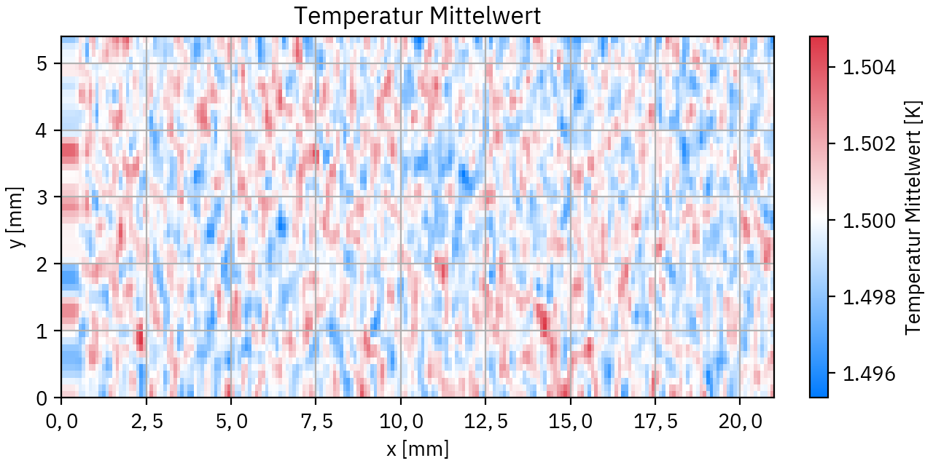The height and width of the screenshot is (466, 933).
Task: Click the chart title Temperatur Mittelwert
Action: coord(417,16)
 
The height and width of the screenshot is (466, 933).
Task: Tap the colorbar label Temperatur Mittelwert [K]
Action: coord(913,217)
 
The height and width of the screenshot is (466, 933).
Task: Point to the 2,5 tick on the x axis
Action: coord(146,421)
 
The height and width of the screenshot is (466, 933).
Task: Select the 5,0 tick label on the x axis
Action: coord(230,421)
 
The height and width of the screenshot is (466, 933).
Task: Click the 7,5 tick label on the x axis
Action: coord(316,421)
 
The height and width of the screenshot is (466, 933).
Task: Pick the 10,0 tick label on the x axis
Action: coord(400,421)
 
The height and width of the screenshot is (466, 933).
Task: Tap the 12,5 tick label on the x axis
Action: coord(485,421)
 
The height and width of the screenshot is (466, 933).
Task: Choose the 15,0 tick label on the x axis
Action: coord(570,421)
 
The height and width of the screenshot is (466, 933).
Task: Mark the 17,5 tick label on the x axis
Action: coord(655,421)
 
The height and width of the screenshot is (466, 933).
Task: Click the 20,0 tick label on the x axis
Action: coord(740,421)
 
